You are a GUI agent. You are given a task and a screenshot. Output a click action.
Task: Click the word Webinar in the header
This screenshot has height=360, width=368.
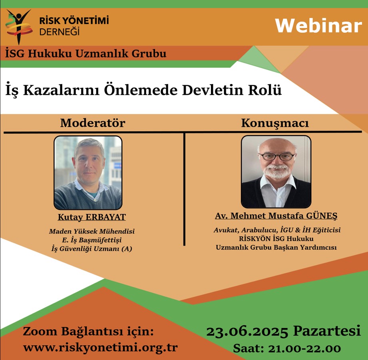click(318, 26)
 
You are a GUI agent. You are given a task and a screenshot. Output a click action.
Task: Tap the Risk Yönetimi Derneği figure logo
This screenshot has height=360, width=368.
click(18, 26)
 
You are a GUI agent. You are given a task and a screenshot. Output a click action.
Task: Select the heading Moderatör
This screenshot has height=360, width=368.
click(92, 123)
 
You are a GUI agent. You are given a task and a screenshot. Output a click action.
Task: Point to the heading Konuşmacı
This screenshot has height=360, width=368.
click(275, 123)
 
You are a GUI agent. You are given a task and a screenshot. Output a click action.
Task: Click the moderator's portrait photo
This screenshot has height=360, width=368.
click(88, 173)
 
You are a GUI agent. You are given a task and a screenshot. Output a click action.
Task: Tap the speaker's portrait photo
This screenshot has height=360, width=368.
click(276, 172)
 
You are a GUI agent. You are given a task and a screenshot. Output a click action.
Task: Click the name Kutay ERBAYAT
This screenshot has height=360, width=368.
click(92, 217)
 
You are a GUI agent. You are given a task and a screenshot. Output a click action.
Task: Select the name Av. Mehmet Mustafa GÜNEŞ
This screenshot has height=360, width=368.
click(276, 216)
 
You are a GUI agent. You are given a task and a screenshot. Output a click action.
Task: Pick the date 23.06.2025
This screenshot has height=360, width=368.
click(248, 331)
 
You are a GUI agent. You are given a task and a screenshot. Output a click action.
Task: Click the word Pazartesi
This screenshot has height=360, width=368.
click(327, 331)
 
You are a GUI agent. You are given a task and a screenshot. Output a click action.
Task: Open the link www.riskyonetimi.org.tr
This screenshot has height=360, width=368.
click(100, 347)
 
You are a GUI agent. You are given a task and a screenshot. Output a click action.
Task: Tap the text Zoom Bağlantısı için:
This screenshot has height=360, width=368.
click(88, 332)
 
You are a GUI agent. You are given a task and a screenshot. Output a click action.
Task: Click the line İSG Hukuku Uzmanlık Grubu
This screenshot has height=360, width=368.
click(86, 53)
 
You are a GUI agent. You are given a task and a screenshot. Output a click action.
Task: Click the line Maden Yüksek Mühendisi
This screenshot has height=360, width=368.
click(92, 231)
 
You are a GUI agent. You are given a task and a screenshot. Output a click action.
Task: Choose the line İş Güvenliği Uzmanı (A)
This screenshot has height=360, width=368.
click(92, 249)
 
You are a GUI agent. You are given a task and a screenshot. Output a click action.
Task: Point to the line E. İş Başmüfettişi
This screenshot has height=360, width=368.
click(92, 240)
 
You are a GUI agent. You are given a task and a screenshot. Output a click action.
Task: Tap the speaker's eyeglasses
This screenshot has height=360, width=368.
click(276, 156)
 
